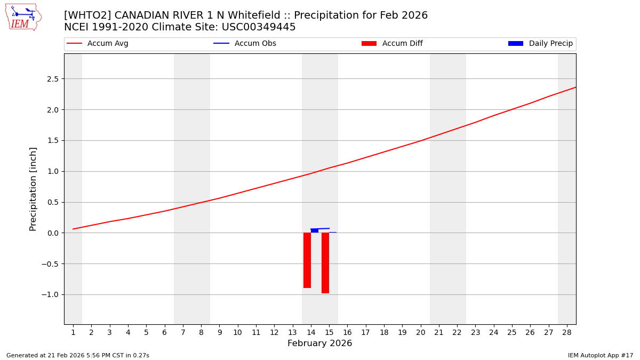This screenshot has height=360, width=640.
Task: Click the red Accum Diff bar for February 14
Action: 307,260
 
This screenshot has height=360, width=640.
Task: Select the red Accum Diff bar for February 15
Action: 325,263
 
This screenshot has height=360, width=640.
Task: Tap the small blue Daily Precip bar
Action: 315,230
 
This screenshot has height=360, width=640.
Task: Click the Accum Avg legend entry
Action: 98,44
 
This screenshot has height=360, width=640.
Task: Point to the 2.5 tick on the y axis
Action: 54,79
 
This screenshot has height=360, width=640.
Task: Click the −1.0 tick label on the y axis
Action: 52,294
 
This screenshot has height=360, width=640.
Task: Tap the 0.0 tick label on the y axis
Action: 54,233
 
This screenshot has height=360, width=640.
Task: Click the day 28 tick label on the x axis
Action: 566,333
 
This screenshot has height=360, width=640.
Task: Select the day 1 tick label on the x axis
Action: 73,333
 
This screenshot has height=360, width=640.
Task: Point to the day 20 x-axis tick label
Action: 420,333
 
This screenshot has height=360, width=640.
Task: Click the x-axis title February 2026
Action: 320,343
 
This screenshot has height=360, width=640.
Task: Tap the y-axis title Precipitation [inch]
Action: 33,189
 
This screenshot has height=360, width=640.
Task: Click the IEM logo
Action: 23,17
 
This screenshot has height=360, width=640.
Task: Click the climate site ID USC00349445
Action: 259,27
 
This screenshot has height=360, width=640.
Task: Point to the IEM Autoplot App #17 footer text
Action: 601,355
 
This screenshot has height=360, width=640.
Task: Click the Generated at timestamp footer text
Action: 78,355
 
